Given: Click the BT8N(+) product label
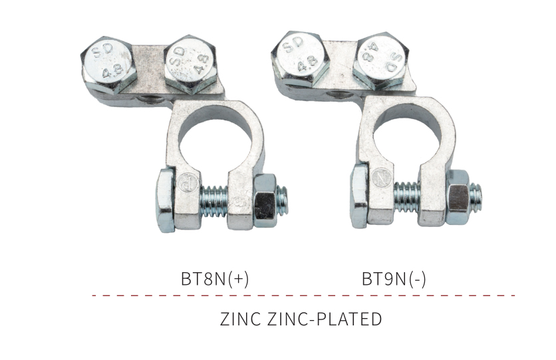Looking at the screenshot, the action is pyautogui.click(x=215, y=279).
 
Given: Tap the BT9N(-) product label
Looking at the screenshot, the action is pyautogui.click(x=394, y=279).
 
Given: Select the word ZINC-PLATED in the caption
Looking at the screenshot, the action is pyautogui.click(x=324, y=319).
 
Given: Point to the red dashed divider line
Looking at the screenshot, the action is pyautogui.click(x=303, y=295).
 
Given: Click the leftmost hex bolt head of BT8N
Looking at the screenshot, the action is pyautogui.click(x=109, y=65).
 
